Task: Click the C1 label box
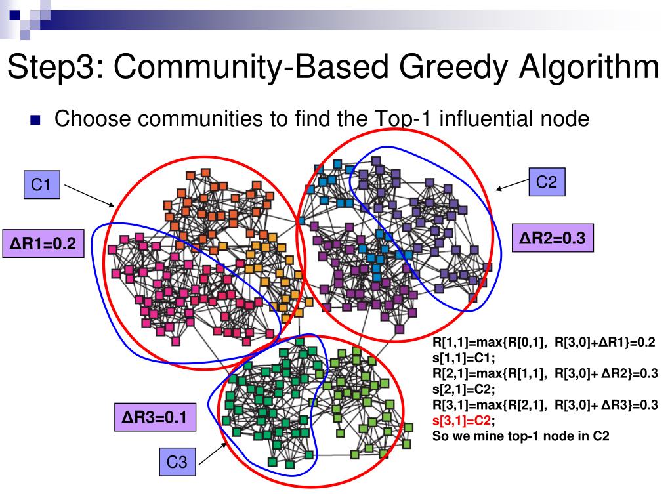(42, 185)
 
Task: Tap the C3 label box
(177, 463)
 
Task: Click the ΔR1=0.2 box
(43, 244)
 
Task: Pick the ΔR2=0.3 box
(553, 238)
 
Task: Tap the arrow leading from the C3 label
(213, 454)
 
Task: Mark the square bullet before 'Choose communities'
(35, 121)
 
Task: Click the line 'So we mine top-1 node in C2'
(520, 435)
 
